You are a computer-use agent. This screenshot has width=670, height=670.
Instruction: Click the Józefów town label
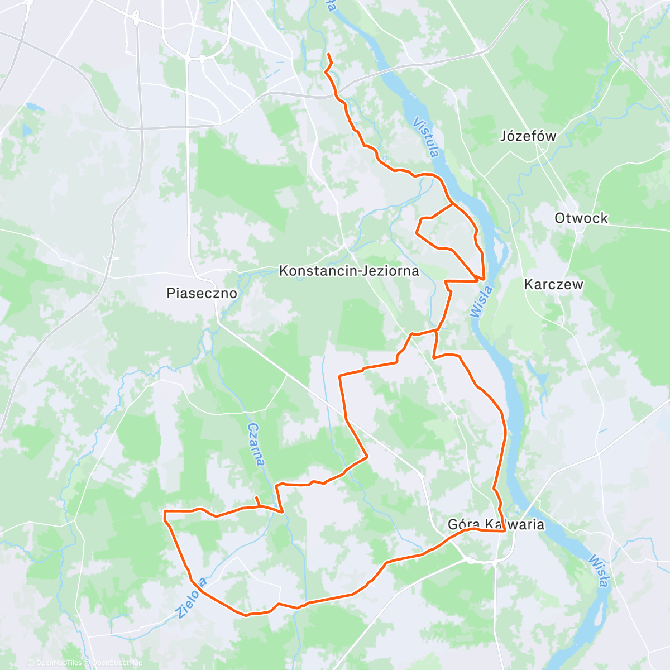[528, 136]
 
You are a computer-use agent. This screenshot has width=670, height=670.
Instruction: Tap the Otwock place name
[581, 218]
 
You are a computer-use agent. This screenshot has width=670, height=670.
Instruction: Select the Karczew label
[553, 284]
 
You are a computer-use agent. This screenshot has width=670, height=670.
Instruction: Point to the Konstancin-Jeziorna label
[349, 271]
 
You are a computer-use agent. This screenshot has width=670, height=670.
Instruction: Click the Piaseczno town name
[202, 293]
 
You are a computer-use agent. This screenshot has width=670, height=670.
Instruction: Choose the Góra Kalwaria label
[496, 524]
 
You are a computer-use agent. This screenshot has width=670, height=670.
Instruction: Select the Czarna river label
[256, 444]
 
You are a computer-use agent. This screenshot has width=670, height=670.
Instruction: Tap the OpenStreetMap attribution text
[117, 663]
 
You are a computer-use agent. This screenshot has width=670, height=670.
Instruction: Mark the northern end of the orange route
[328, 54]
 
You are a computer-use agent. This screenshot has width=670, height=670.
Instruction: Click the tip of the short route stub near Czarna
[256, 497]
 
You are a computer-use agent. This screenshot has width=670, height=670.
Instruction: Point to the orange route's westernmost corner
[164, 511]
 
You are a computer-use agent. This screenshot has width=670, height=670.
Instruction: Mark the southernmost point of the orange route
[246, 616]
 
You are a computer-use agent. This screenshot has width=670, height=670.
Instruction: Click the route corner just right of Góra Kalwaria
[505, 530]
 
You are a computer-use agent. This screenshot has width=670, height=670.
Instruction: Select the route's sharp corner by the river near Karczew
[484, 277]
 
